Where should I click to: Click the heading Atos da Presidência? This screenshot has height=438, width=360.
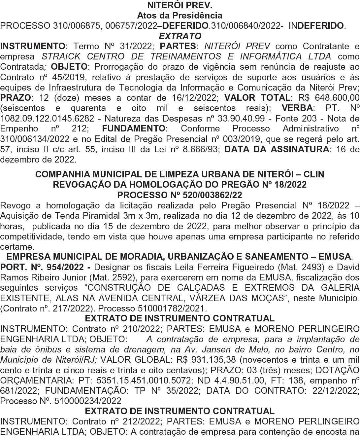[x=180, y=15]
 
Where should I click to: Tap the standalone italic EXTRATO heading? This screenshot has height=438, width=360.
[x=180, y=36]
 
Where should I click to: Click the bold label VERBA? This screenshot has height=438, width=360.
[x=297, y=108]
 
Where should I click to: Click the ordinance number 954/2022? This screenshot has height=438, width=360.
[x=66, y=267]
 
